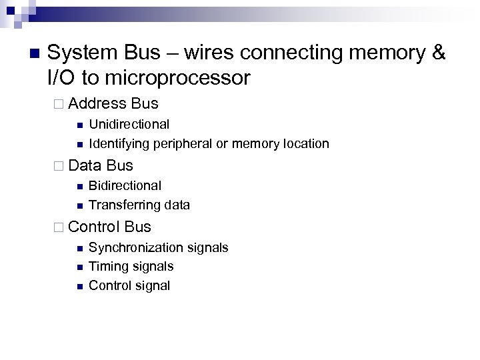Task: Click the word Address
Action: point(97,103)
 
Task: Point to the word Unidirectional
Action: point(129,124)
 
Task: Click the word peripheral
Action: point(182,143)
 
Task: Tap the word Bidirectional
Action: point(125,185)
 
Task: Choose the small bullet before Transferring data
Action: point(79,205)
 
